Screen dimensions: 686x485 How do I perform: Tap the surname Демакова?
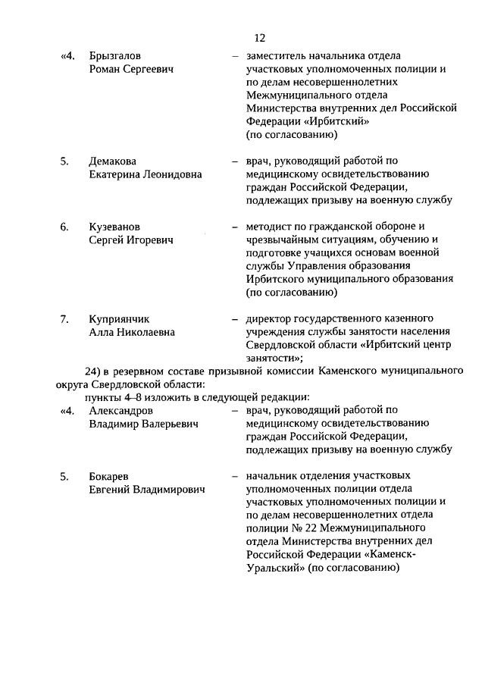point(113,161)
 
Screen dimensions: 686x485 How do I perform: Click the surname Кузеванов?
point(114,227)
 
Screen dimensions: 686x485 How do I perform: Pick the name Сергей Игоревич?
point(131,240)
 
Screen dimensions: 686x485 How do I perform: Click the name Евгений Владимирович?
point(147,490)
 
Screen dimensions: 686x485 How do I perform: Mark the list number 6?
point(64,227)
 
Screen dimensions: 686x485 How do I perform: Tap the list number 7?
point(64,318)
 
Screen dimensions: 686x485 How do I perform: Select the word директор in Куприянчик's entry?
point(270,318)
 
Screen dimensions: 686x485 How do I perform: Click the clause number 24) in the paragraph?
point(93,371)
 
